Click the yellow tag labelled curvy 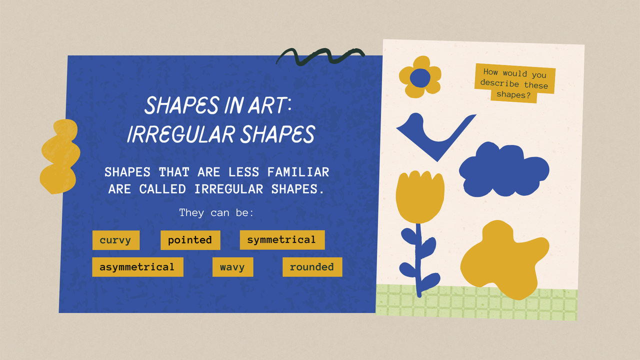point(115,240)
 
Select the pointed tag point(190,240)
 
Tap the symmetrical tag point(281,240)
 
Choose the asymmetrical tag point(137,267)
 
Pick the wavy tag point(232,267)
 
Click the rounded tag point(312,267)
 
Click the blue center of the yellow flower point(420,77)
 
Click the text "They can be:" point(216,212)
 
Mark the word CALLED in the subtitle point(162,189)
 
